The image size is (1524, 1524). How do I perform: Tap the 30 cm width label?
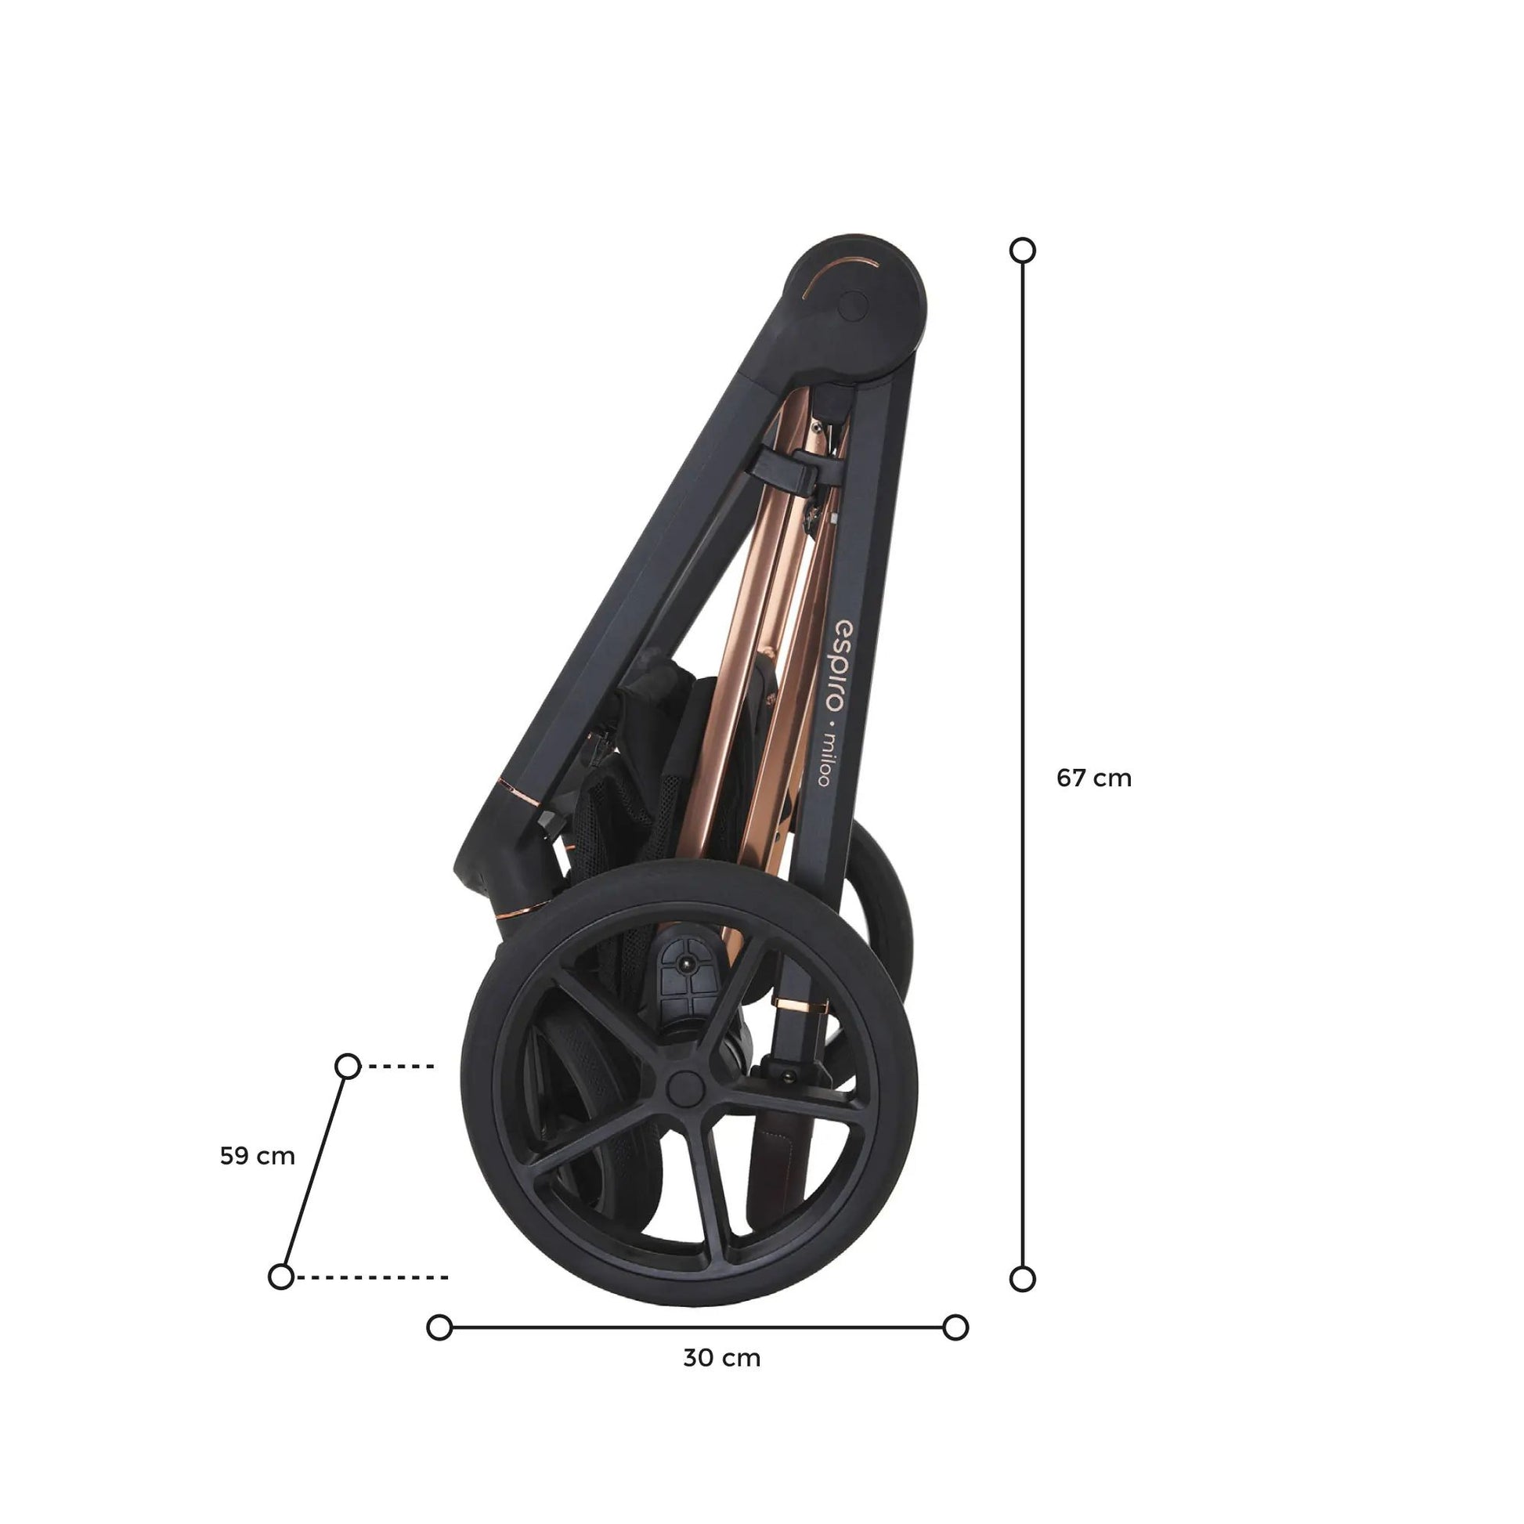coord(722,1380)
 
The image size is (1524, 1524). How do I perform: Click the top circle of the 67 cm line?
coord(1022,251)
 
